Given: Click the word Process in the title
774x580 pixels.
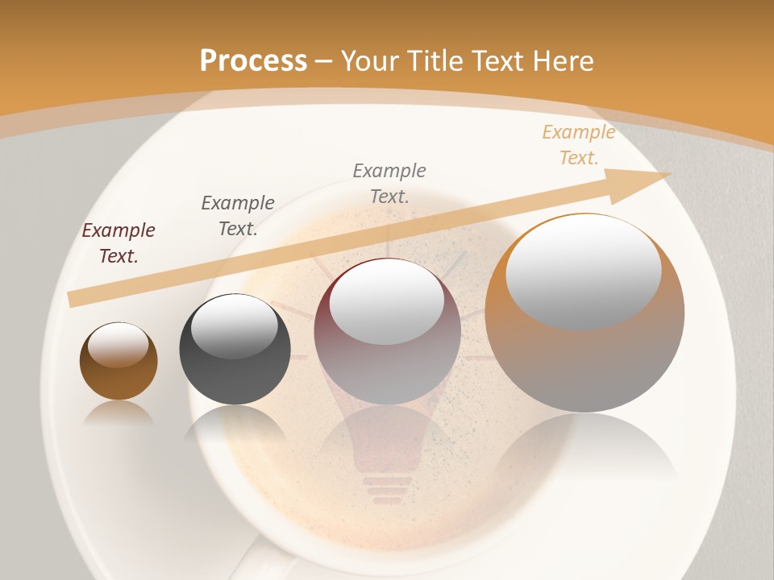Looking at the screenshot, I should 253,60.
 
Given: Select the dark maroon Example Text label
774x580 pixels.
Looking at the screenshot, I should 119,243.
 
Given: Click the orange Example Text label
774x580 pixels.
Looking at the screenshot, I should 578,145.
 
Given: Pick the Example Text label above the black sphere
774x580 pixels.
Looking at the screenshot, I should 238,215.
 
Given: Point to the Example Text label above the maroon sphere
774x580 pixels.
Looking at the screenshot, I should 389,183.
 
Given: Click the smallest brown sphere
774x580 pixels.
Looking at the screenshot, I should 119,371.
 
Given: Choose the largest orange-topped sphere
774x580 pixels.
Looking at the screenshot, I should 585,354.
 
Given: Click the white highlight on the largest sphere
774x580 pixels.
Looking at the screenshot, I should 583,271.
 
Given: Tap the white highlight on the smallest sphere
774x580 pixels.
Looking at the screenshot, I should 118,345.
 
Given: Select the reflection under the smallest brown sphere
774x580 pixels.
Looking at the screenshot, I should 119,414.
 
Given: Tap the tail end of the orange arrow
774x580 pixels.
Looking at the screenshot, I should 74,299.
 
